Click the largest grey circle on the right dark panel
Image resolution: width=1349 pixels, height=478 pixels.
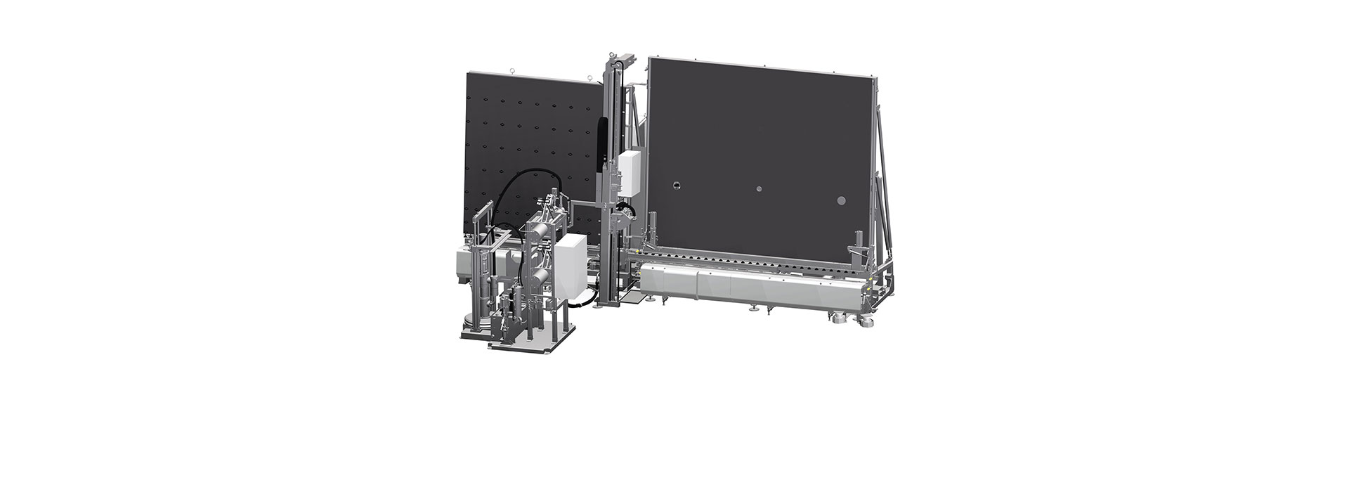tap(842, 201)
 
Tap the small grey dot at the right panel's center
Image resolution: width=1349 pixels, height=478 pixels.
tap(758, 189)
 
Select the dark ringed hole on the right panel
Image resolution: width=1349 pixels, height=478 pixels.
tap(676, 186)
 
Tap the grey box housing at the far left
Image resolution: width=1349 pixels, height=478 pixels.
tap(467, 263)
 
